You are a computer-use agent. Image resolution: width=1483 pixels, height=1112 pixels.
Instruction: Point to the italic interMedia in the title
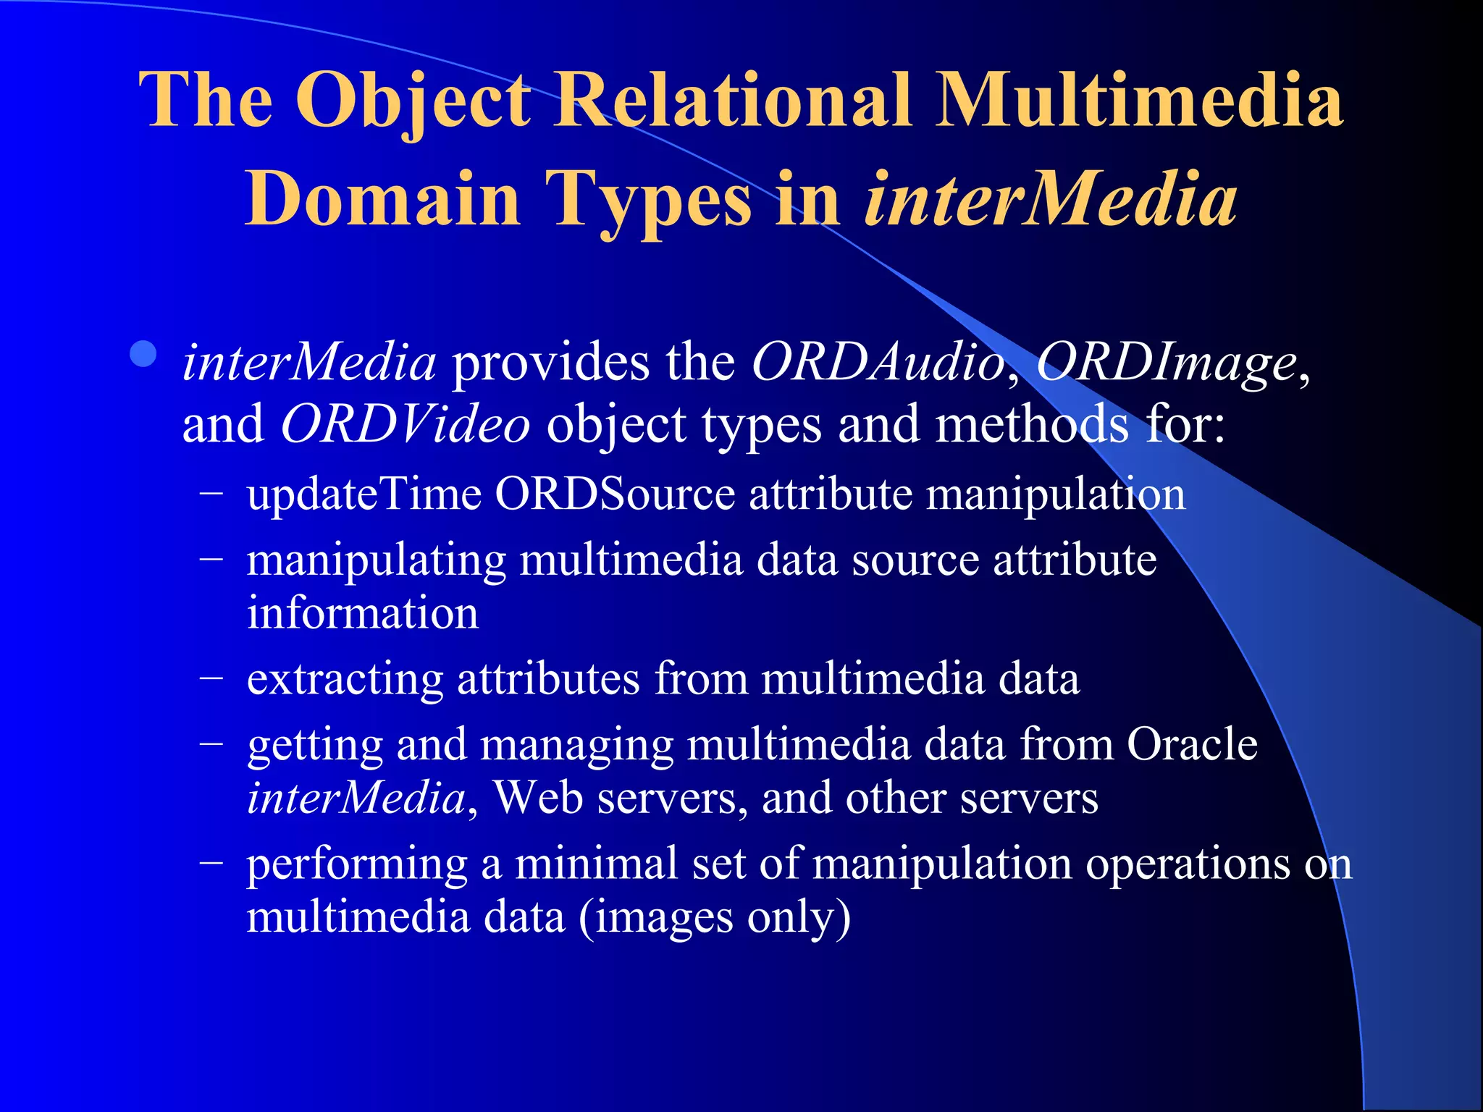tap(1051, 198)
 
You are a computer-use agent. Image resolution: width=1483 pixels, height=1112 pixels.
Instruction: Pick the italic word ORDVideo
tap(406, 424)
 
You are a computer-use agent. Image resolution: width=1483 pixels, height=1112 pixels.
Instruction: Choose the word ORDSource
tap(615, 494)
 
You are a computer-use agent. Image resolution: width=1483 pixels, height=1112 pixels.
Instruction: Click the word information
tap(363, 612)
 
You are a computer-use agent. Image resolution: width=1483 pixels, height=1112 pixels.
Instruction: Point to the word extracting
tap(345, 679)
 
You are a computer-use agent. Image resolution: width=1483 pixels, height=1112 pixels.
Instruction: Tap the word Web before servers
tap(537, 798)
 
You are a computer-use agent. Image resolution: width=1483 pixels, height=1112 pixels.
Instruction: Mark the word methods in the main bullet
tap(1032, 424)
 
